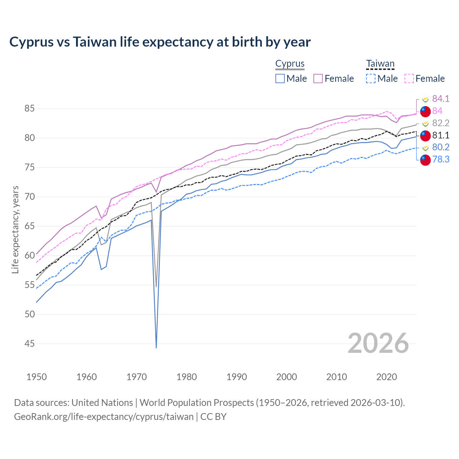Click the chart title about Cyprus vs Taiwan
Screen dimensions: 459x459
click(x=160, y=42)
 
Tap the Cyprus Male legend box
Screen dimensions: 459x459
click(x=280, y=79)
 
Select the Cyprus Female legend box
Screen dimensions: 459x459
click(x=318, y=79)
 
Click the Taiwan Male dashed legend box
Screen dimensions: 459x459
click(x=371, y=79)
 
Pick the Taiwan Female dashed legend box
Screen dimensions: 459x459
click(x=409, y=79)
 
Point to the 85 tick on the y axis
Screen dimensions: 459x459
click(x=30, y=108)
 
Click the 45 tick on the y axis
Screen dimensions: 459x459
click(x=30, y=344)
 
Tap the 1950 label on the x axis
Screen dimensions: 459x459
click(x=37, y=377)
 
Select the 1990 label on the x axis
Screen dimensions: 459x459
click(x=237, y=377)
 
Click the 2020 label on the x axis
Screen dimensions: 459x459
click(x=387, y=377)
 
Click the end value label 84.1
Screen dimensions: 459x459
click(x=441, y=99)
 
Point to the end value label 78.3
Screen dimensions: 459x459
click(x=441, y=159)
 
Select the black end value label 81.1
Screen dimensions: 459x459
click(x=441, y=135)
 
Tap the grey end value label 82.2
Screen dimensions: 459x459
click(x=441, y=123)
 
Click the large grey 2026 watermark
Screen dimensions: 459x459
click(x=378, y=343)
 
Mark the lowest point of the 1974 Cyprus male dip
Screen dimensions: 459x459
click(x=156, y=347)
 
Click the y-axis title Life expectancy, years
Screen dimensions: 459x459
click(x=15, y=229)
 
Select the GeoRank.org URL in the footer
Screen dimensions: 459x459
click(x=104, y=417)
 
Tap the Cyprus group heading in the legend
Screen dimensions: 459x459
click(x=290, y=64)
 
